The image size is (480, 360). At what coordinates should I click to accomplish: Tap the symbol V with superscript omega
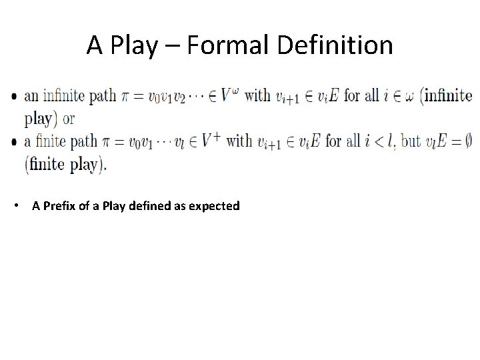pos(227,95)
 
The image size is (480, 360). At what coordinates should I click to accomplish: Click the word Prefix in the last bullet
pos(63,206)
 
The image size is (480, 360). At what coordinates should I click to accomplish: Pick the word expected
pos(213,207)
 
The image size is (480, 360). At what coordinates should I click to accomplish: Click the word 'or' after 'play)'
pos(69,119)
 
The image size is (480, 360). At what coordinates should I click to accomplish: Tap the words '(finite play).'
pos(65,164)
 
